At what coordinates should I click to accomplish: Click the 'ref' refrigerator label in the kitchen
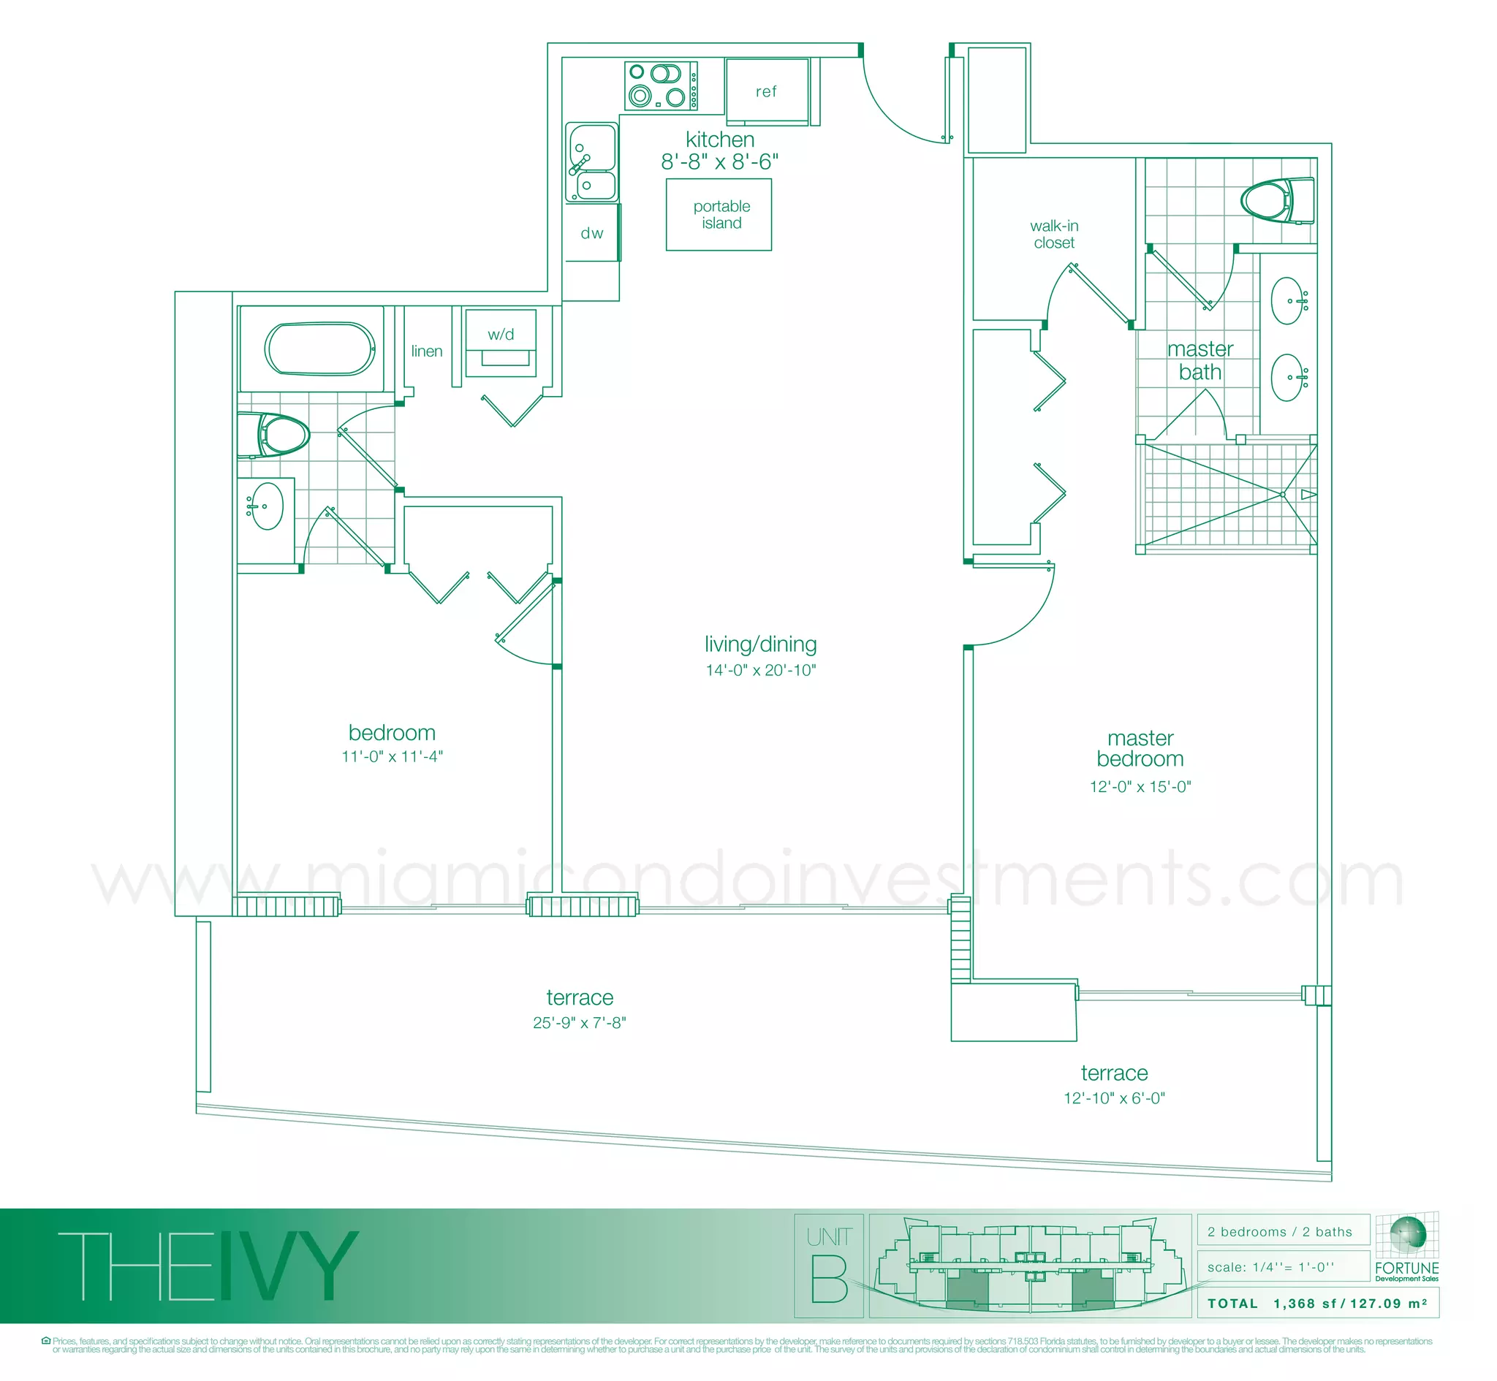point(765,91)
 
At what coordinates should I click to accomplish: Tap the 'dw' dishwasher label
point(592,233)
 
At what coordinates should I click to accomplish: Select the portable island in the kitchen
point(719,215)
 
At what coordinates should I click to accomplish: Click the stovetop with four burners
point(661,85)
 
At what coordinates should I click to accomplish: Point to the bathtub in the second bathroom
point(320,349)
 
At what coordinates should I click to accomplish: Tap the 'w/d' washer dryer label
point(501,334)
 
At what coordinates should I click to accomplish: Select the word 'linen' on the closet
point(427,351)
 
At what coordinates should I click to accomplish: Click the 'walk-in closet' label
point(1054,234)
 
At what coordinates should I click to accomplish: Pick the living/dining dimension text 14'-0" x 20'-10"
point(761,669)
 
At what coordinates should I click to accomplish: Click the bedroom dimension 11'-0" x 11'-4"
point(393,756)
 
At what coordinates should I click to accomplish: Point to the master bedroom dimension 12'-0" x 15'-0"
point(1140,786)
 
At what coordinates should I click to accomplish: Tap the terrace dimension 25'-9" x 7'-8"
point(579,1022)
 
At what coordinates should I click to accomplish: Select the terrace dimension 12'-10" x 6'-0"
point(1113,1097)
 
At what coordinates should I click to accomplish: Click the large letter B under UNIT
point(829,1279)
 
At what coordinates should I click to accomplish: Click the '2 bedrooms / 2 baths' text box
point(1279,1231)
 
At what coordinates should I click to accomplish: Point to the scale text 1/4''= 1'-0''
point(1270,1267)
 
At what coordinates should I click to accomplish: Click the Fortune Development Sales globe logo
point(1406,1235)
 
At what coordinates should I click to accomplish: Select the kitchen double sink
point(592,162)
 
